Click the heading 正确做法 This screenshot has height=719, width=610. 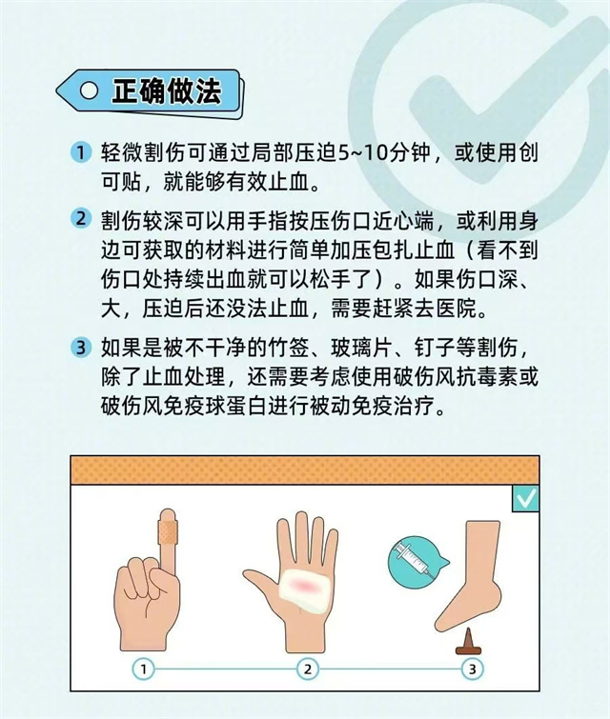click(167, 91)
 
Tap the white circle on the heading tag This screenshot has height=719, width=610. click(89, 90)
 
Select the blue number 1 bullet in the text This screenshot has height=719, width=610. click(81, 151)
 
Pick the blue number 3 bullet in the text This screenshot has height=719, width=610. click(81, 347)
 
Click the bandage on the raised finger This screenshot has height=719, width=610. click(168, 532)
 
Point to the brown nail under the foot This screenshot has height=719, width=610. click(468, 641)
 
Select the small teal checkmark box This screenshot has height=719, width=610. click(525, 498)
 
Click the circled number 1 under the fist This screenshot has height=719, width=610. click(143, 669)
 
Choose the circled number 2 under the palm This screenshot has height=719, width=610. click(308, 669)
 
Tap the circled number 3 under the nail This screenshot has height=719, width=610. click(473, 669)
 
